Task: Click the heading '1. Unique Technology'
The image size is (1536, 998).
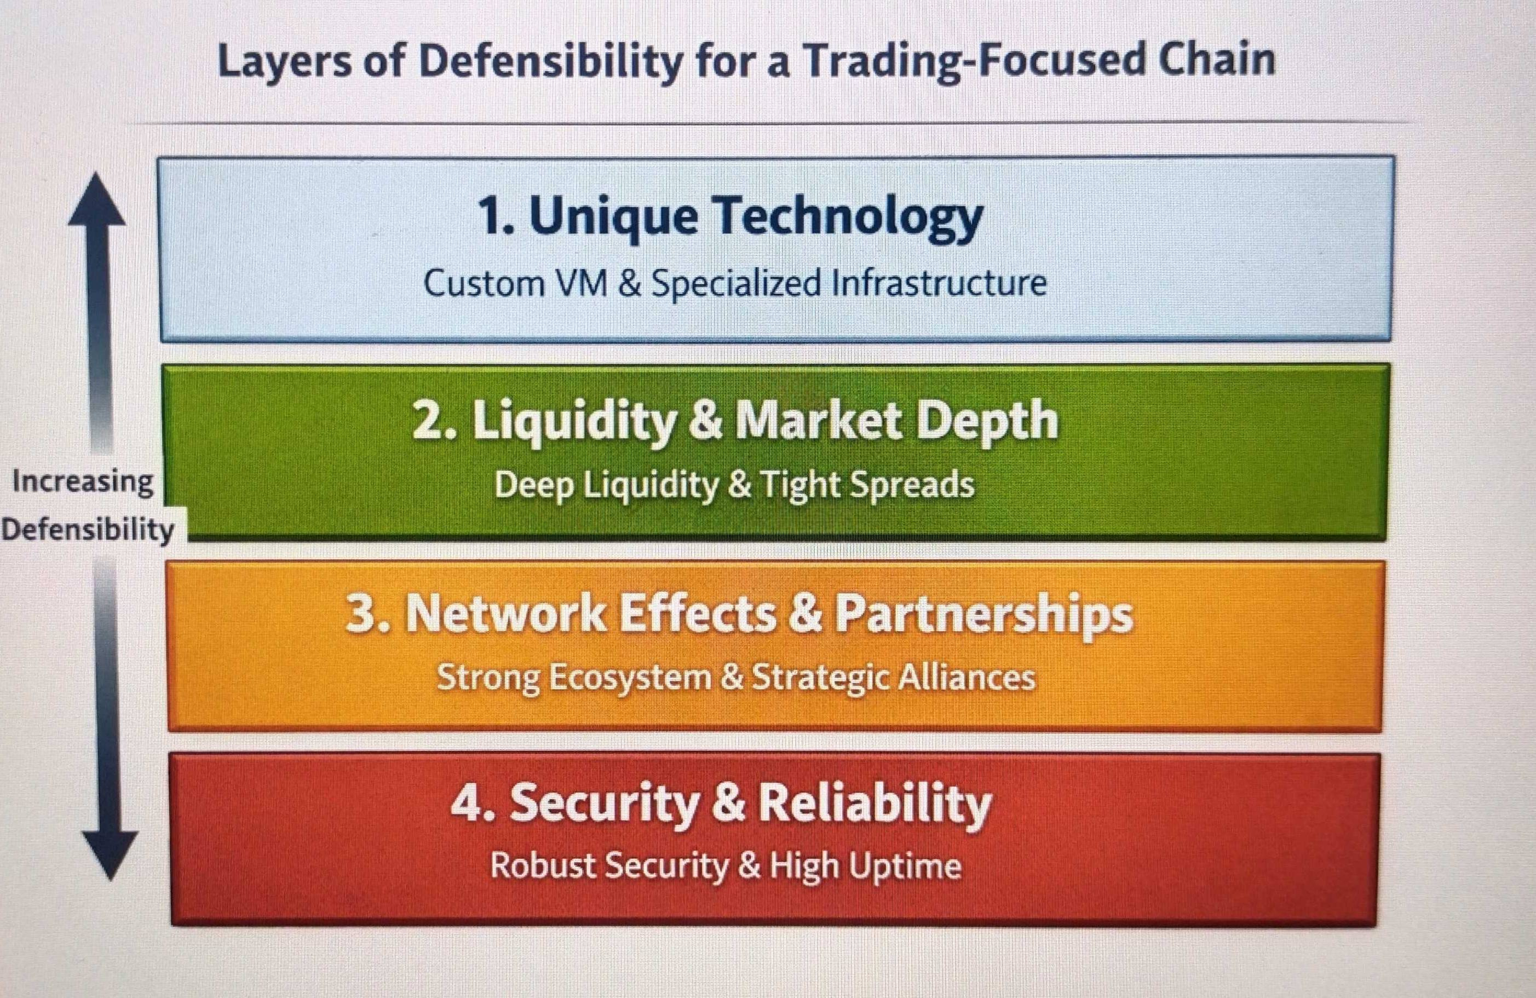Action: coord(730,217)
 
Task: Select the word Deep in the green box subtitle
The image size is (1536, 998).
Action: coord(534,485)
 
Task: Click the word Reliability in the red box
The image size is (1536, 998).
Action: coord(875,804)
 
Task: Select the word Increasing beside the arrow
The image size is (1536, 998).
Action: coord(83,482)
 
